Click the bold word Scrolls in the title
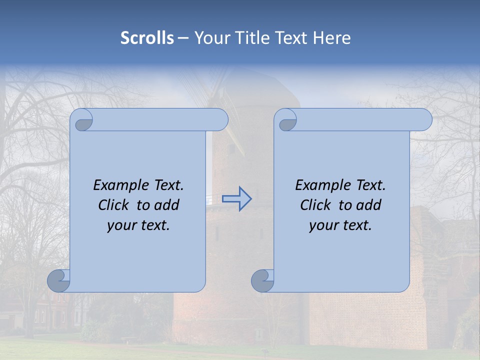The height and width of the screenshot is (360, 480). click(x=147, y=38)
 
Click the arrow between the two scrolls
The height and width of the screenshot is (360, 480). click(x=237, y=198)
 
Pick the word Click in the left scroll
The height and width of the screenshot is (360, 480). click(x=114, y=205)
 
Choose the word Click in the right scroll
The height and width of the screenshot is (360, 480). click(x=316, y=205)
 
